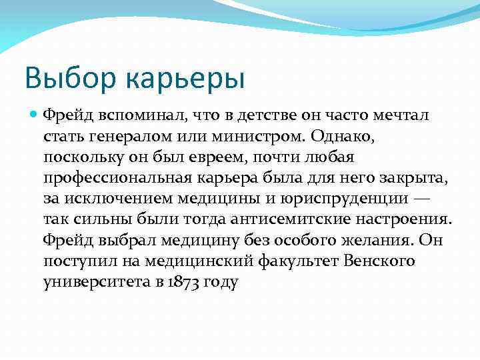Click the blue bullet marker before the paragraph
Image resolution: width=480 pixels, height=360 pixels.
(x=35, y=115)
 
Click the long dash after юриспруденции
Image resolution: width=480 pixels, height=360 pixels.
(x=422, y=199)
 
